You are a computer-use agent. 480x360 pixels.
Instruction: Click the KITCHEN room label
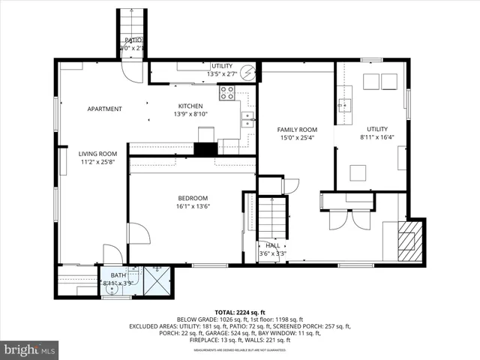point(190,106)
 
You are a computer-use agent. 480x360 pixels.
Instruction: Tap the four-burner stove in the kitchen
point(227,93)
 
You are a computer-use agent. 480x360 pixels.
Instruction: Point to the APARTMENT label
point(104,109)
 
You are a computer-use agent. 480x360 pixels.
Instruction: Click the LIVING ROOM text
point(98,154)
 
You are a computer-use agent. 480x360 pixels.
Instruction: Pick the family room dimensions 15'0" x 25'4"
point(297,138)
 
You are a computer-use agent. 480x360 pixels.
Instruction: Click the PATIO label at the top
point(133,40)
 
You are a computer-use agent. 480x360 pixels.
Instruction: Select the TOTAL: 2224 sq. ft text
point(241,311)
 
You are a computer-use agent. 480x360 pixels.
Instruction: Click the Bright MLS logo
point(30,349)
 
